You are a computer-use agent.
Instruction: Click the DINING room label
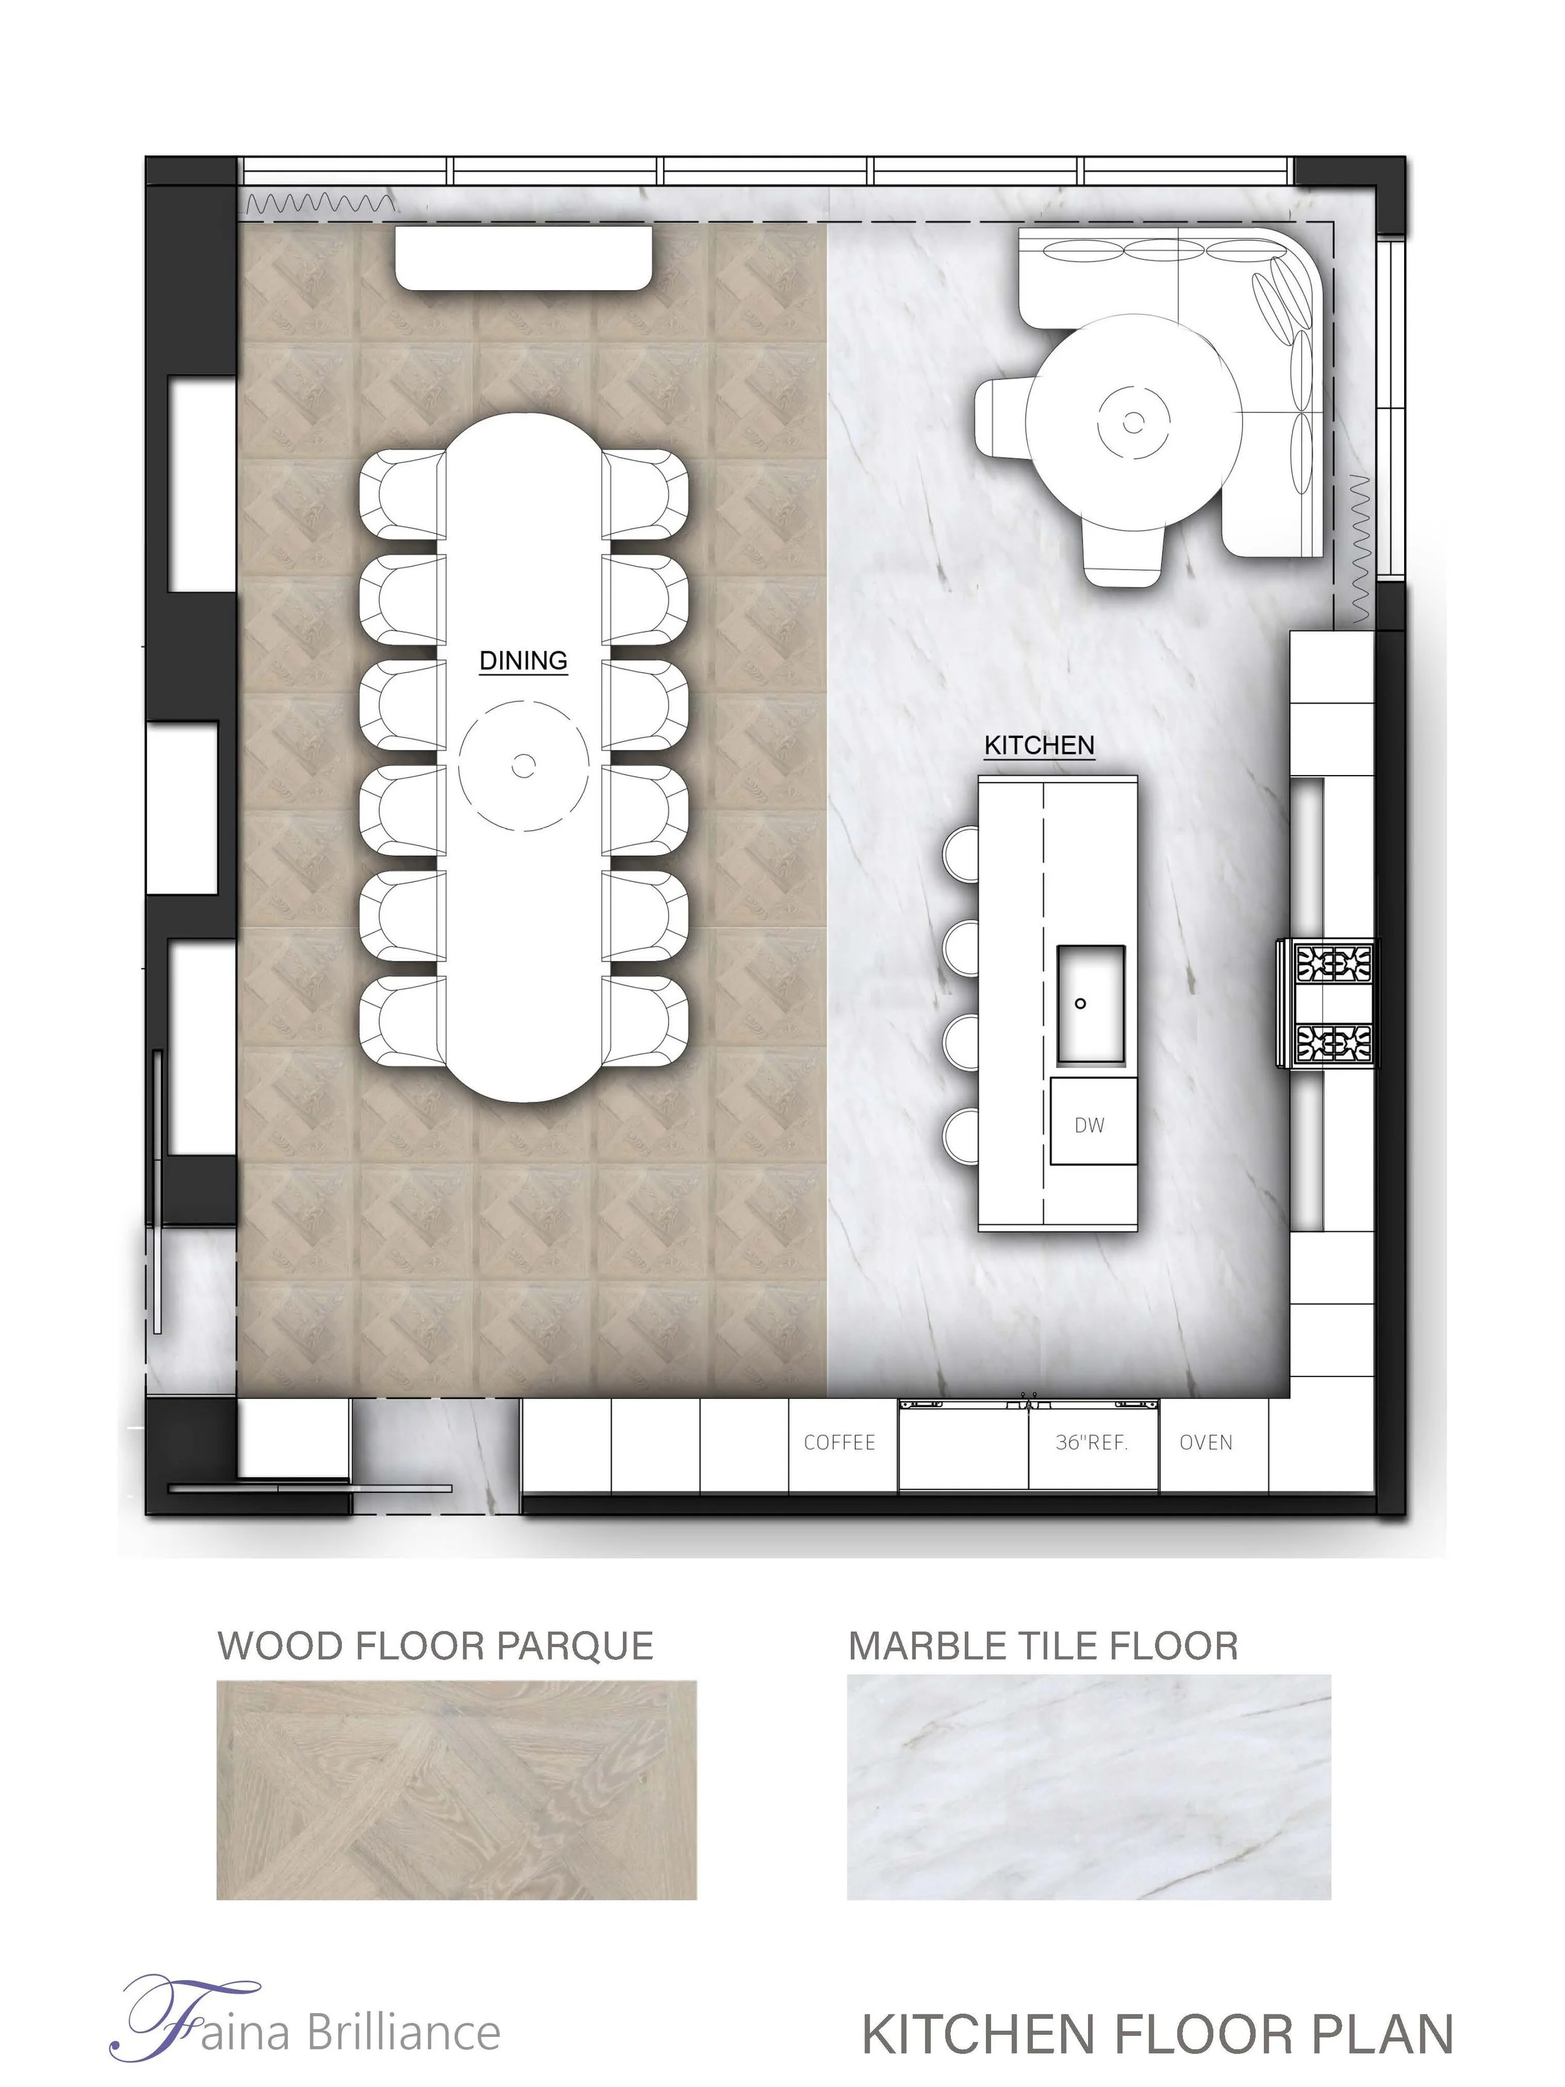tap(523, 660)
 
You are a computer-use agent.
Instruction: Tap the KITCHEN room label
tap(1039, 746)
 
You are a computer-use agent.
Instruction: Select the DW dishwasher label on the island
tap(1090, 1125)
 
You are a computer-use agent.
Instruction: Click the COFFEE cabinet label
tap(839, 1443)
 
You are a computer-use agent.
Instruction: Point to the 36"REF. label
tap(1092, 1443)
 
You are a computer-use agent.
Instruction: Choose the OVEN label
tap(1206, 1443)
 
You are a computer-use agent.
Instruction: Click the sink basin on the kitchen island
tap(1090, 1004)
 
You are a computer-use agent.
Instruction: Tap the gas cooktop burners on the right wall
tap(1326, 1004)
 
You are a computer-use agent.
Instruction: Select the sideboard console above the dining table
tap(523, 257)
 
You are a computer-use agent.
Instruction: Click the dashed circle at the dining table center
tap(523, 766)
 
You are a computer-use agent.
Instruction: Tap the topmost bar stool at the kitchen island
tap(962, 854)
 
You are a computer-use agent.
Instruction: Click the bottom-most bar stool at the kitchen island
tap(962, 1136)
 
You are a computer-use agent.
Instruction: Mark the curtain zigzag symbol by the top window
tap(319, 202)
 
